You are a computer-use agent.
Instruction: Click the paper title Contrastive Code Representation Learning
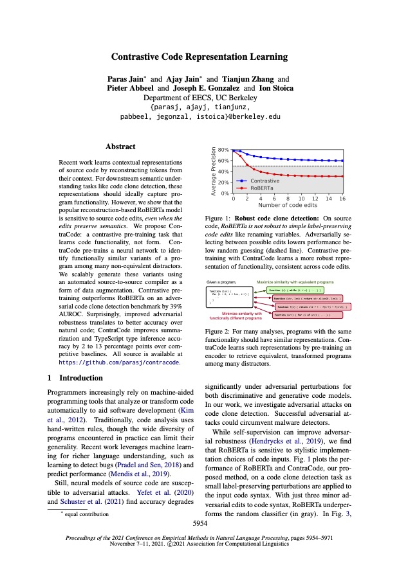point(199,57)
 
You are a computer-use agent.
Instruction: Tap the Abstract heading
point(120,147)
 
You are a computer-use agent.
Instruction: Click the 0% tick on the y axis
point(226,193)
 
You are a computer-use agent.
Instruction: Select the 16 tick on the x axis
point(342,199)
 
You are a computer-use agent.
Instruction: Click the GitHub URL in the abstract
point(119,362)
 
